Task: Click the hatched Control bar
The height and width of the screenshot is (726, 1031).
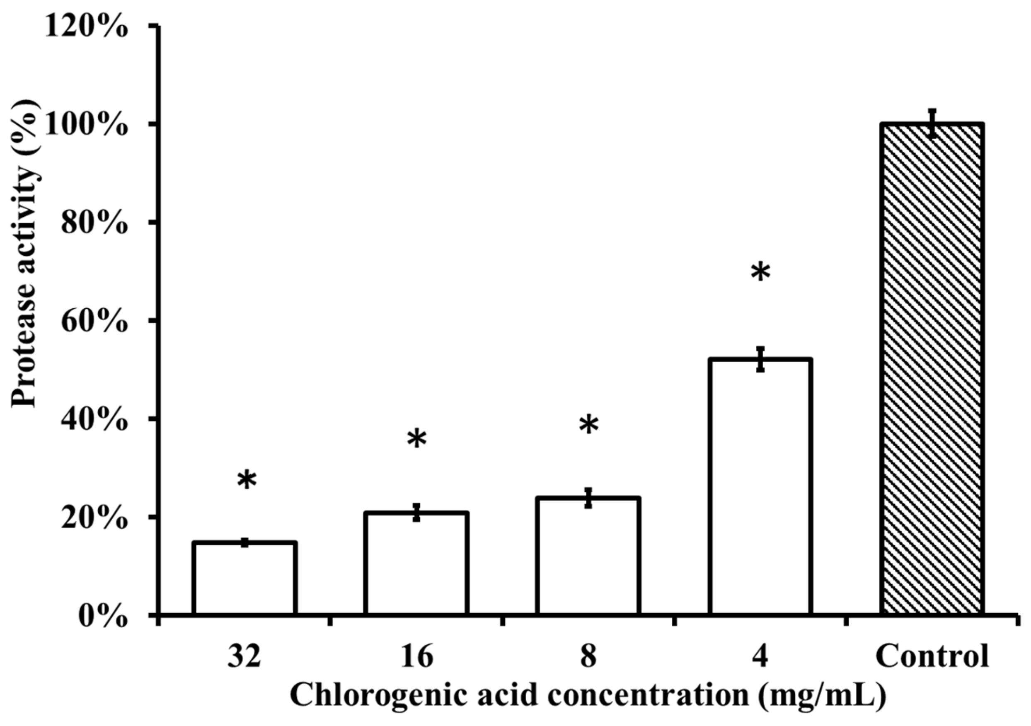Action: click(x=932, y=368)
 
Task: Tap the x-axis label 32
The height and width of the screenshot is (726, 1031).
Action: click(x=244, y=656)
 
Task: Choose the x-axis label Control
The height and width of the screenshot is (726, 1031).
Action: click(x=932, y=656)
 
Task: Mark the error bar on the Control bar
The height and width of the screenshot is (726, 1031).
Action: click(x=932, y=123)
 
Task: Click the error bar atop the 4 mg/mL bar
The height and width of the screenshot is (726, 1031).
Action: click(x=760, y=359)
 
